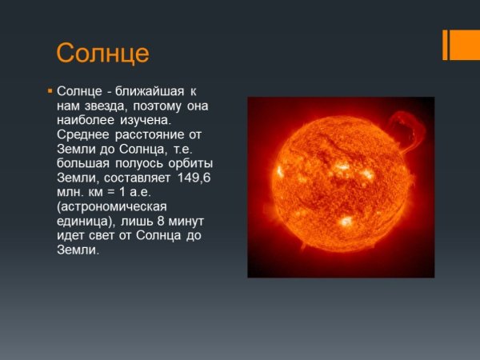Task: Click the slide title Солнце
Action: point(102,53)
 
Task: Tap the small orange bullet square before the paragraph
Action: point(50,92)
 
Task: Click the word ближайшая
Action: point(148,92)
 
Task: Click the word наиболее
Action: point(86,121)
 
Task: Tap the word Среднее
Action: point(84,135)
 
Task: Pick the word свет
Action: point(106,236)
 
